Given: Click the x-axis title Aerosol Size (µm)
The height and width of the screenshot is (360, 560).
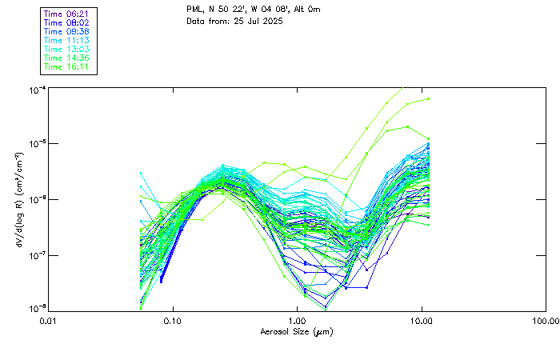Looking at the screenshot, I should point(297,331).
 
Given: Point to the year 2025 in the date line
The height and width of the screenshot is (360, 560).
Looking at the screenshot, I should point(270,21).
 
